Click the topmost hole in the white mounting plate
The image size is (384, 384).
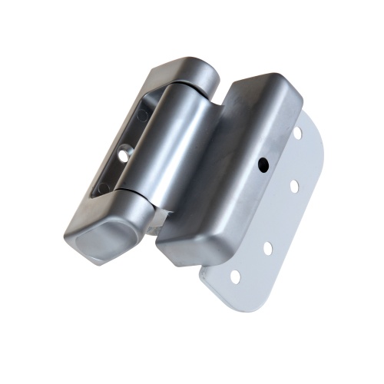(x=297, y=133)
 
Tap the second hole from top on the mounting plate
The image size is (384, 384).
(x=293, y=185)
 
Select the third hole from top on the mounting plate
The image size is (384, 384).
(x=268, y=247)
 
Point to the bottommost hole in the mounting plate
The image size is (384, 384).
(x=235, y=275)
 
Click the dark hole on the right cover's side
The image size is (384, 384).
(x=263, y=163)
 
